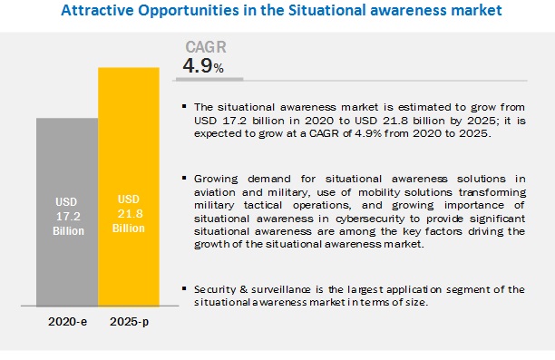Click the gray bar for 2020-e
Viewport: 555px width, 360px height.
click(x=67, y=212)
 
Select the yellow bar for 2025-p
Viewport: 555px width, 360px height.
click(x=129, y=187)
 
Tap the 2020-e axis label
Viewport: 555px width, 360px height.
click(x=67, y=322)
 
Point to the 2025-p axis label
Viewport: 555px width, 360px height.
click(x=129, y=322)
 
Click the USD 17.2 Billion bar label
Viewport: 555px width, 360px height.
click(x=68, y=217)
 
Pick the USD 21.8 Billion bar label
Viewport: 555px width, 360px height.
click(x=129, y=214)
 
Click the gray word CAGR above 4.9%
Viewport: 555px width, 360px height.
click(x=206, y=47)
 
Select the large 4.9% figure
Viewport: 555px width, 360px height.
click(x=203, y=65)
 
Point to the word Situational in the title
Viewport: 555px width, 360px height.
click(x=326, y=10)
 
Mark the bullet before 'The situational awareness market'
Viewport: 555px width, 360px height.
click(x=184, y=106)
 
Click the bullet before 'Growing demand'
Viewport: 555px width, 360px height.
click(x=184, y=178)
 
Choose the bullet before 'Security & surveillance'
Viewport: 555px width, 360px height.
click(x=184, y=288)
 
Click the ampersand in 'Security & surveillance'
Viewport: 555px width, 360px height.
click(x=243, y=289)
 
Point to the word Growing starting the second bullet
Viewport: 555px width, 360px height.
click(x=216, y=180)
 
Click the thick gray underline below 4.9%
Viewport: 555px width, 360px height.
click(x=209, y=79)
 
